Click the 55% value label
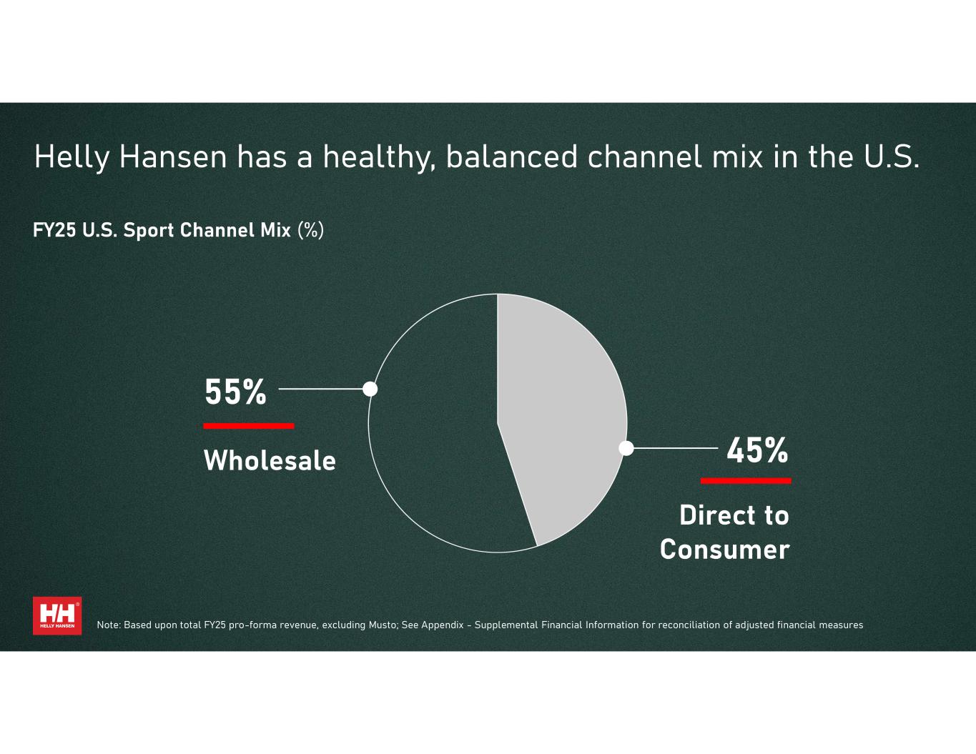(235, 392)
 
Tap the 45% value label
(757, 450)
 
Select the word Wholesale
(270, 460)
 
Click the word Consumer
(725, 550)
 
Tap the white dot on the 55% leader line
(370, 389)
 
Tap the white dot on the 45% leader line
(626, 448)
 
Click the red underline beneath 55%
(249, 426)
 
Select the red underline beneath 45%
(746, 481)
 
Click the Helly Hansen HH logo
(57, 616)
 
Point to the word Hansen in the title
(173, 157)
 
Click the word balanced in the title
(511, 157)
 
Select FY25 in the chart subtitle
(54, 230)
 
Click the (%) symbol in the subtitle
(311, 230)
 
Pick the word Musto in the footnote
(383, 625)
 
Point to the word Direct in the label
(712, 515)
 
